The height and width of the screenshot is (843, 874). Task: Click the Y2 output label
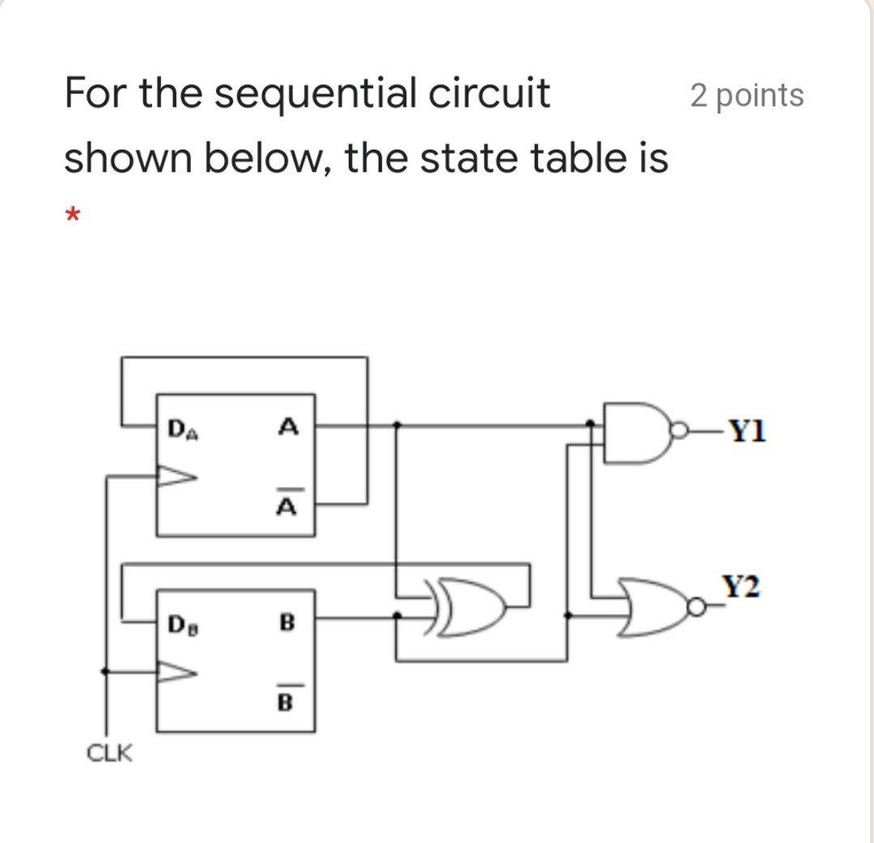coord(743,587)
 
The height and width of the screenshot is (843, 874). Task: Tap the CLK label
coord(110,754)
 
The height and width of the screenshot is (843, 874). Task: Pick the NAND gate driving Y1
coord(635,433)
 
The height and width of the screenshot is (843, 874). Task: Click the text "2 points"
coord(747,95)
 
